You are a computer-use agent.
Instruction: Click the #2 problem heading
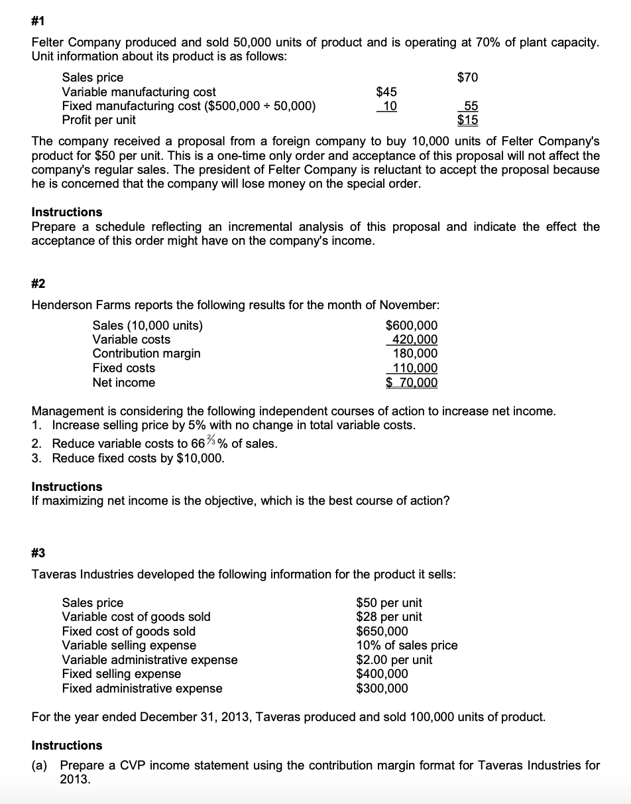tap(39, 284)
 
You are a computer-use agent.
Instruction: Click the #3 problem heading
tap(39, 553)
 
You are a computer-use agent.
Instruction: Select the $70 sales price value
tap(467, 78)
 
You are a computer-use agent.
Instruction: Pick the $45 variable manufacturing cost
tap(386, 92)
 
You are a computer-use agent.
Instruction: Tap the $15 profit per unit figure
tap(467, 120)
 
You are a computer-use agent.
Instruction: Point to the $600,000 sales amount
tap(411, 326)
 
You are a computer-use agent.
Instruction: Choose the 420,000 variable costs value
tap(412, 340)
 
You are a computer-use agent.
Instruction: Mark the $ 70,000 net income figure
tap(412, 382)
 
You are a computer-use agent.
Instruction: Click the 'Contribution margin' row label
tap(146, 354)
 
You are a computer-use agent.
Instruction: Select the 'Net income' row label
tap(124, 382)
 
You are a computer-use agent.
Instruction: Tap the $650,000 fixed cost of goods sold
tap(382, 631)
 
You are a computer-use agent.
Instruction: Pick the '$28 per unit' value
tap(389, 617)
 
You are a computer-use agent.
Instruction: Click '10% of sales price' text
tap(407, 645)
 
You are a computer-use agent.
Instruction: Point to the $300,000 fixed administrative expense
tap(382, 688)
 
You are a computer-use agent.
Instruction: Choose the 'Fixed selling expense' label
tap(121, 674)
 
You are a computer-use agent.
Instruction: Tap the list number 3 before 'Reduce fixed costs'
tap(36, 458)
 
